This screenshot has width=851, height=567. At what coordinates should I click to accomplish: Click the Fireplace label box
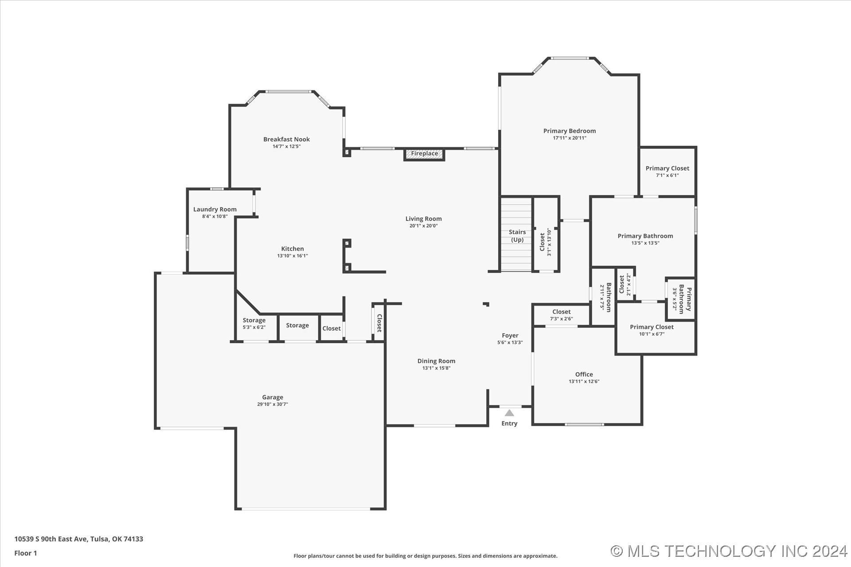(424, 155)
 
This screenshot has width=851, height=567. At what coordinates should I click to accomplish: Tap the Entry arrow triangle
(510, 413)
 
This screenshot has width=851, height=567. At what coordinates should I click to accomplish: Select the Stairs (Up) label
(517, 236)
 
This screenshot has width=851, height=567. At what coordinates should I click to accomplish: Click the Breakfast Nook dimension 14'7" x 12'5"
(286, 147)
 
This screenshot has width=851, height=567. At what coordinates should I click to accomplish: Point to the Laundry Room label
(215, 210)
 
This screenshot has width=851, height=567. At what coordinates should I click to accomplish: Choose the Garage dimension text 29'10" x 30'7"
(273, 404)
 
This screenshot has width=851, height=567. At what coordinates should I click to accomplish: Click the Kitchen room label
(293, 249)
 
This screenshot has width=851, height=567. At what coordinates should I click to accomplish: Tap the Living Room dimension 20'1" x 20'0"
(424, 226)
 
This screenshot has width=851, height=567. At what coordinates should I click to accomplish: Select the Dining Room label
(437, 361)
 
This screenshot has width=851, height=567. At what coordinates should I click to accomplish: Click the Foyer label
(510, 336)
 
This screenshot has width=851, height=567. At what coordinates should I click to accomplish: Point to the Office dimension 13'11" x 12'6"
(584, 381)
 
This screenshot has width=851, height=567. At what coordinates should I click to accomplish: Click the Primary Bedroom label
(570, 131)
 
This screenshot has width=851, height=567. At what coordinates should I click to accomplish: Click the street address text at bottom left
(78, 539)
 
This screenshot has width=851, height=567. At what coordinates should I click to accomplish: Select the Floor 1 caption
(26, 553)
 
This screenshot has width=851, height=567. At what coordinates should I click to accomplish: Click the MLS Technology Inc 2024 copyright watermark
(729, 551)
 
